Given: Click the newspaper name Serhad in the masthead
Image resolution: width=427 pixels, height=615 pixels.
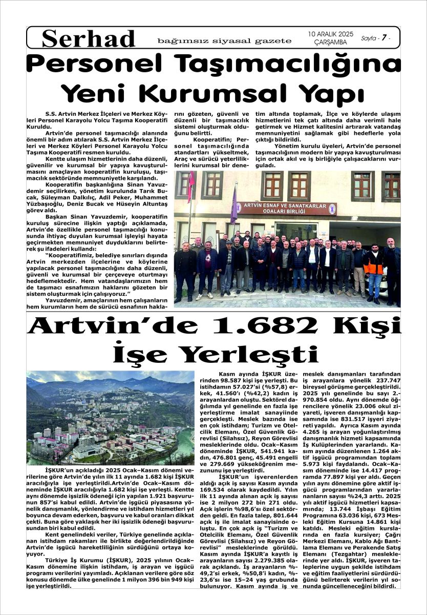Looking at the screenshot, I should point(89,38).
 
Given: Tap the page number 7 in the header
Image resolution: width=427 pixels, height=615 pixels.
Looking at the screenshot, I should point(382,38).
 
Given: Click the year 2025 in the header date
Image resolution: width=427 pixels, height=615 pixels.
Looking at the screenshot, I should point(343,34).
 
